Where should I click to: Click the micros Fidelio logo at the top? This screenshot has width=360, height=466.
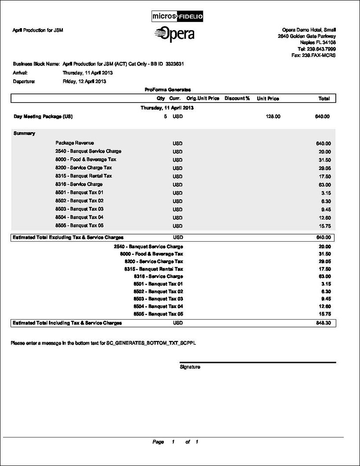tap(177, 17)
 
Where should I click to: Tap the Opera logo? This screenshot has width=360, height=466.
tap(175, 34)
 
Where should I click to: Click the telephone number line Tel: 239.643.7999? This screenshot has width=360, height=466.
tap(316, 49)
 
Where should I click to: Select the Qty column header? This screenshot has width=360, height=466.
tap(161, 99)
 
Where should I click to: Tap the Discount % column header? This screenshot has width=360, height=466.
tap(237, 99)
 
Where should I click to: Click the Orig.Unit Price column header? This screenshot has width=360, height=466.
tap(203, 99)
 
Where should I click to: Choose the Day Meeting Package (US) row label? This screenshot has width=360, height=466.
tap(43, 117)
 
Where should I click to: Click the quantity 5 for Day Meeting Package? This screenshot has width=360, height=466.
tap(165, 117)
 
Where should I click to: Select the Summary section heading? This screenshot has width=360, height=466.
tap(24, 133)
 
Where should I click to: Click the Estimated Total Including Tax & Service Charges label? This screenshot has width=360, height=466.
tap(67, 323)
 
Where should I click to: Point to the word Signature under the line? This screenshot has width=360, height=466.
tap(190, 367)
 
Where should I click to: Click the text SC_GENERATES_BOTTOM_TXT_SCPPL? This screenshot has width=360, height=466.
tap(151, 342)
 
